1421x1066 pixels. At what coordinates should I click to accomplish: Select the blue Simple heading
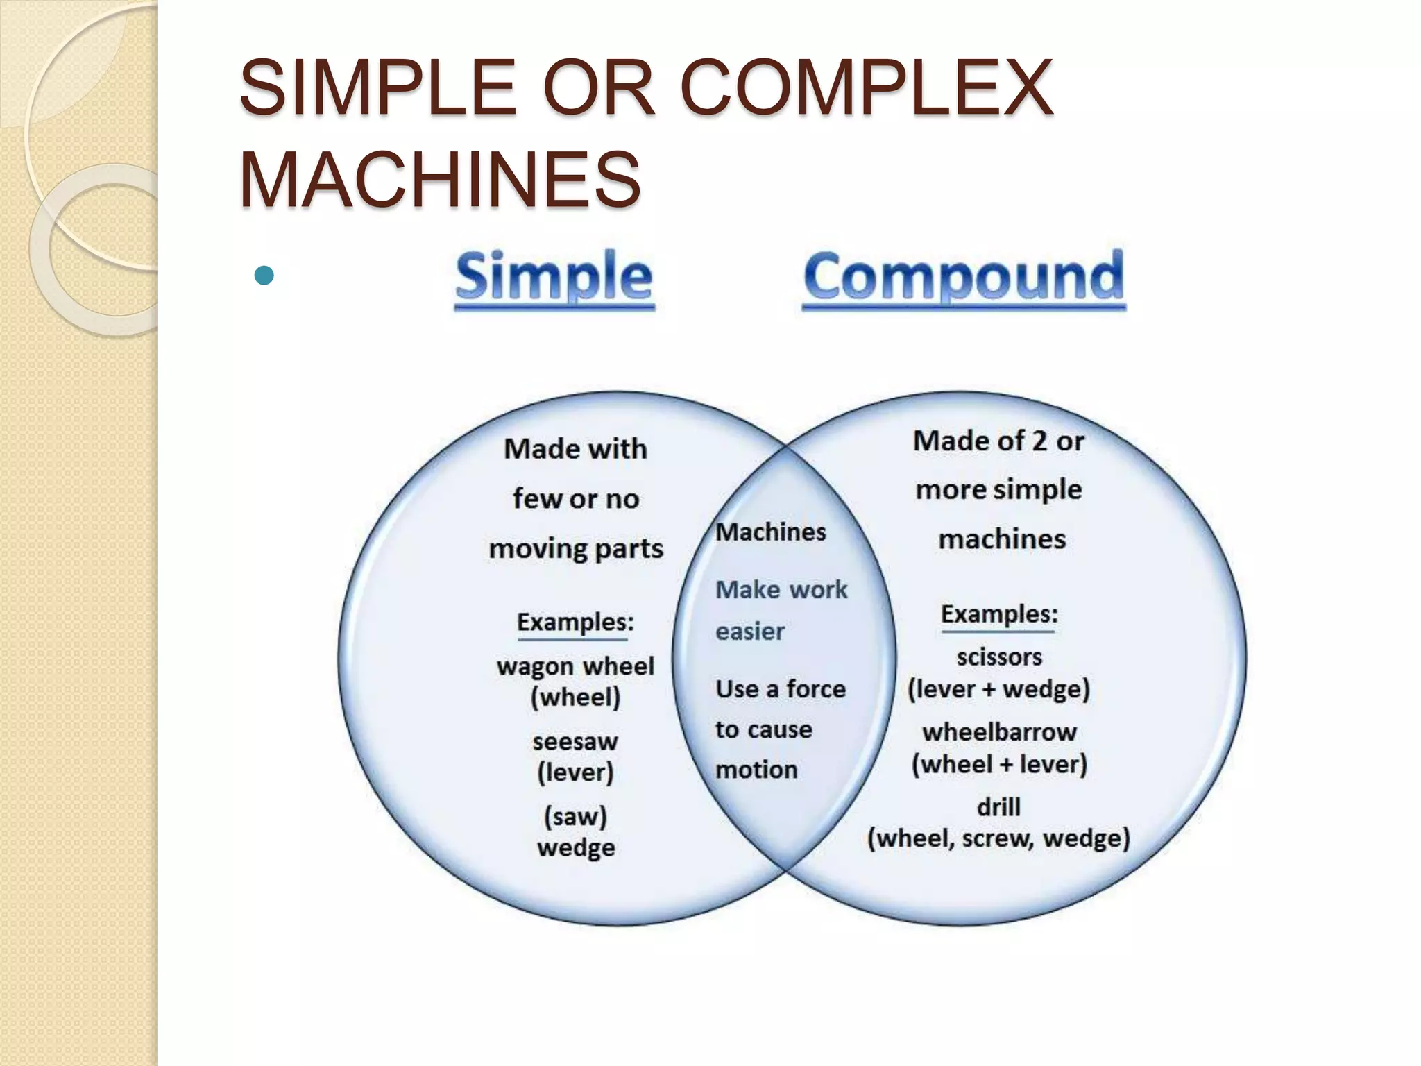554,277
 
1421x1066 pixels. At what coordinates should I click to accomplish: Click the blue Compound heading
964,277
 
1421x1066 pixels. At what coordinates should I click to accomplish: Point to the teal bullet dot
264,276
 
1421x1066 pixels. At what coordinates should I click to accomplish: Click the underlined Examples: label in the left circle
575,622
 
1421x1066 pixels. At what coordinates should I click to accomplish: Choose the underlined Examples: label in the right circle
999,614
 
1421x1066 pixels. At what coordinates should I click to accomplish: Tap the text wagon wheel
575,666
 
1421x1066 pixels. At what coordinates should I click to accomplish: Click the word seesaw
575,741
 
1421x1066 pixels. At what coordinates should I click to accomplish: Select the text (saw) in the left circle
575,816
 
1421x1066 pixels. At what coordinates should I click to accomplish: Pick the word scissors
999,657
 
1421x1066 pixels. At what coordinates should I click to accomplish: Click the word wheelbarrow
999,731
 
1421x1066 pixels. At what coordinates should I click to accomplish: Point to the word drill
998,806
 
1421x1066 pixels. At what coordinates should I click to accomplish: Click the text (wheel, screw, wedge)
998,838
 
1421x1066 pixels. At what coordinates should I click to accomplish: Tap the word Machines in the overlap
771,532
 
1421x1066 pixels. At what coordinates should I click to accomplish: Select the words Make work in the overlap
781,590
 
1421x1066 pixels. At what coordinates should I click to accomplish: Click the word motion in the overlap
756,770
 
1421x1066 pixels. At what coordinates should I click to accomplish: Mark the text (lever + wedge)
999,689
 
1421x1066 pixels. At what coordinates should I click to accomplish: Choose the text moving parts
576,549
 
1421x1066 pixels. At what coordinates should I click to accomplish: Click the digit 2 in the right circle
1038,441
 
